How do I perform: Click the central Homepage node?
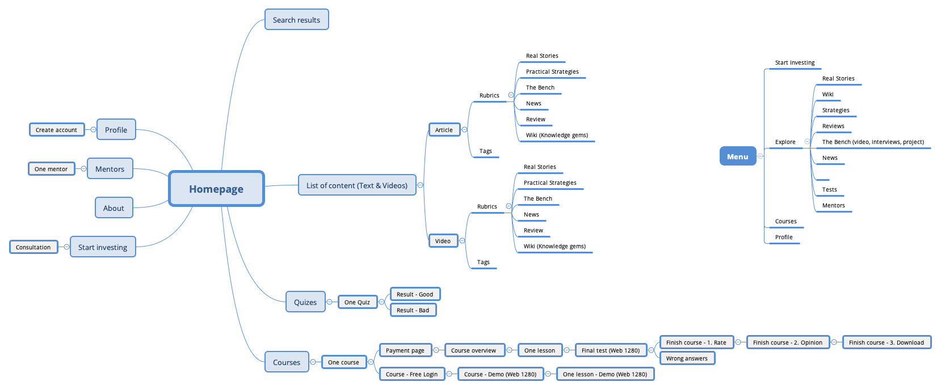point(216,189)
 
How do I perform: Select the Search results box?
point(296,20)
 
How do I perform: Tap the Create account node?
point(56,130)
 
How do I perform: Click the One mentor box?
point(51,169)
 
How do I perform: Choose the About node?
point(114,208)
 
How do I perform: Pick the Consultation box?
point(33,247)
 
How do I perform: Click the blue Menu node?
point(737,156)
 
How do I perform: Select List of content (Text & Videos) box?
point(357,185)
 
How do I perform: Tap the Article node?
point(444,130)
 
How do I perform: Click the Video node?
point(443,241)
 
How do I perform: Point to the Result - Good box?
point(415,294)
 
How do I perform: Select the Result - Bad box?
point(413,310)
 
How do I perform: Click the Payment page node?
point(405,350)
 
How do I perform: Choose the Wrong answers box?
point(687,358)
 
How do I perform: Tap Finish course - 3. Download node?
point(886,342)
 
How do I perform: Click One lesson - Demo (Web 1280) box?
point(605,374)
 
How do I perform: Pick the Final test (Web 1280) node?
point(611,350)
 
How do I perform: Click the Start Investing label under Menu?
point(795,63)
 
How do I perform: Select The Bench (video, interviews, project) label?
point(873,142)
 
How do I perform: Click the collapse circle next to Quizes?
point(329,302)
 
